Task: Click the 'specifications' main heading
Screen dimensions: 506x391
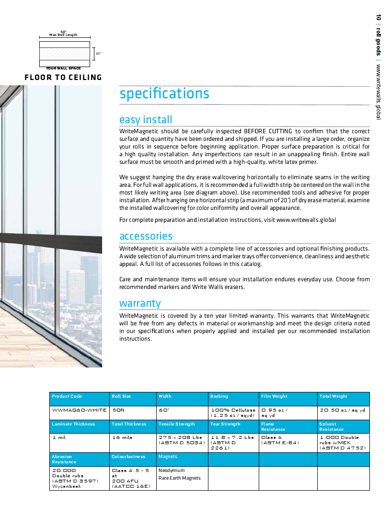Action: pos(164,93)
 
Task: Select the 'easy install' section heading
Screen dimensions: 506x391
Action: pos(146,120)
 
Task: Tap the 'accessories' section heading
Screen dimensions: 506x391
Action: pos(146,236)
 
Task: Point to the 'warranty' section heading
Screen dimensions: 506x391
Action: pos(140,303)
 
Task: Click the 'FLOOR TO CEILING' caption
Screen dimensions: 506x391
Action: pos(63,78)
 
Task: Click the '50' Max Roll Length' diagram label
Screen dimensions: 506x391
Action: pos(63,34)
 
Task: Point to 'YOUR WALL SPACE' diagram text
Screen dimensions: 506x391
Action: pos(63,69)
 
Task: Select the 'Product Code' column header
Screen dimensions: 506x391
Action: pos(67,396)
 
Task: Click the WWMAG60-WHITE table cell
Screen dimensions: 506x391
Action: pos(79,410)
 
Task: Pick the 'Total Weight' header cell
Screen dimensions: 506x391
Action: pos(333,396)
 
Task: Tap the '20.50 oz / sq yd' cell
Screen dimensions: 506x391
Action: pos(343,410)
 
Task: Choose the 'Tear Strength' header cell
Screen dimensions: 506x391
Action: pos(225,424)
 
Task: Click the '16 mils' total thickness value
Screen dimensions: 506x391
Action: pos(122,437)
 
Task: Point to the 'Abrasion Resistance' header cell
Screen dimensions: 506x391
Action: pos(64,460)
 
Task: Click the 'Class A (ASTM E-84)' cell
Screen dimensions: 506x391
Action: pos(280,440)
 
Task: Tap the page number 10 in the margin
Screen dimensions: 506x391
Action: pos(378,18)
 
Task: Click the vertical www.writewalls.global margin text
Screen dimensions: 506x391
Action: pos(378,92)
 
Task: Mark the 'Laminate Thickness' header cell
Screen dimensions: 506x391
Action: pos(73,424)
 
